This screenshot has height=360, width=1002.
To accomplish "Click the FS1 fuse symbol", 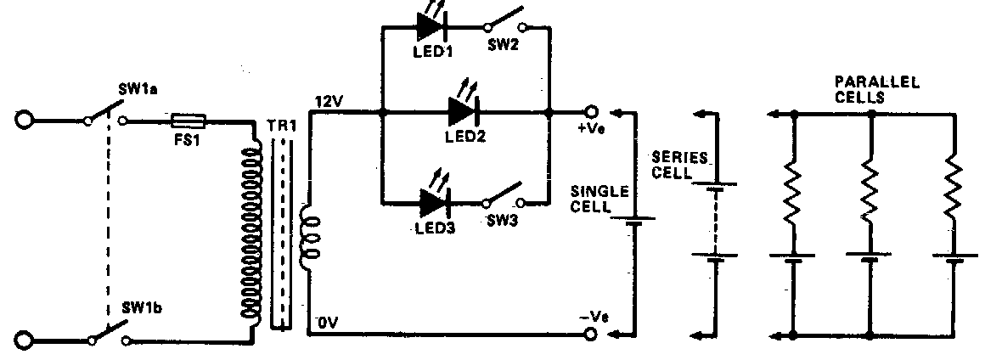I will point(186,121).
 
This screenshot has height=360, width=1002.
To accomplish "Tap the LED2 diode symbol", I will point(463,111).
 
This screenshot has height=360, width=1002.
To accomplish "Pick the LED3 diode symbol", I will point(434,203).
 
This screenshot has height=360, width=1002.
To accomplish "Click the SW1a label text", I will point(134,87).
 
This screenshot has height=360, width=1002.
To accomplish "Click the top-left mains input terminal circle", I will point(24,121).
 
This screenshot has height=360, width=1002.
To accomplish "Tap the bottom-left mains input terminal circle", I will point(24,341).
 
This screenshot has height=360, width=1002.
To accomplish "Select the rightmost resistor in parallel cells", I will point(952,191).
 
